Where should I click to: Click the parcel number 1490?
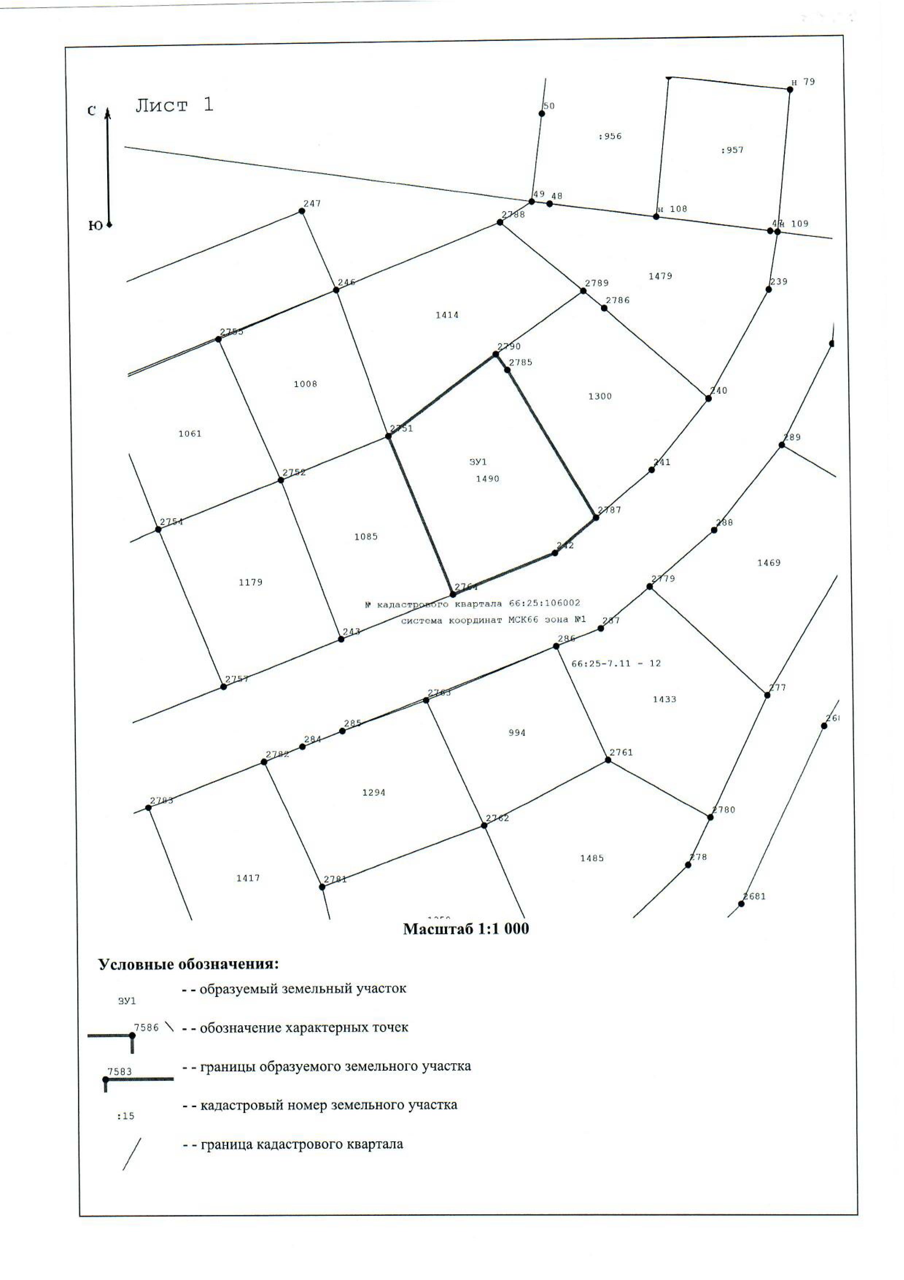[x=487, y=479]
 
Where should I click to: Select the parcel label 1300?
[x=600, y=396]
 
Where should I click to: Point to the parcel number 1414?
[x=447, y=315]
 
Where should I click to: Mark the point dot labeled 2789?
[x=583, y=291]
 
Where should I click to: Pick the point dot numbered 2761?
[x=608, y=760]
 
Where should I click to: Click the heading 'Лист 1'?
[x=174, y=105]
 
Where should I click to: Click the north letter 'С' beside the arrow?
[x=92, y=111]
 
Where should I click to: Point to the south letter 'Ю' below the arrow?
[x=95, y=226]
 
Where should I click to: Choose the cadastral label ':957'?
[x=732, y=150]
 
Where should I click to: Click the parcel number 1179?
[x=251, y=582]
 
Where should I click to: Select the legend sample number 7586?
[x=146, y=1028]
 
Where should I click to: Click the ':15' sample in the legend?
[x=126, y=1116]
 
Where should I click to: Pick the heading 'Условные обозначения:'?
[x=188, y=964]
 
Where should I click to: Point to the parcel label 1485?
[x=591, y=858]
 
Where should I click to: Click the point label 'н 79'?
[x=803, y=82]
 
